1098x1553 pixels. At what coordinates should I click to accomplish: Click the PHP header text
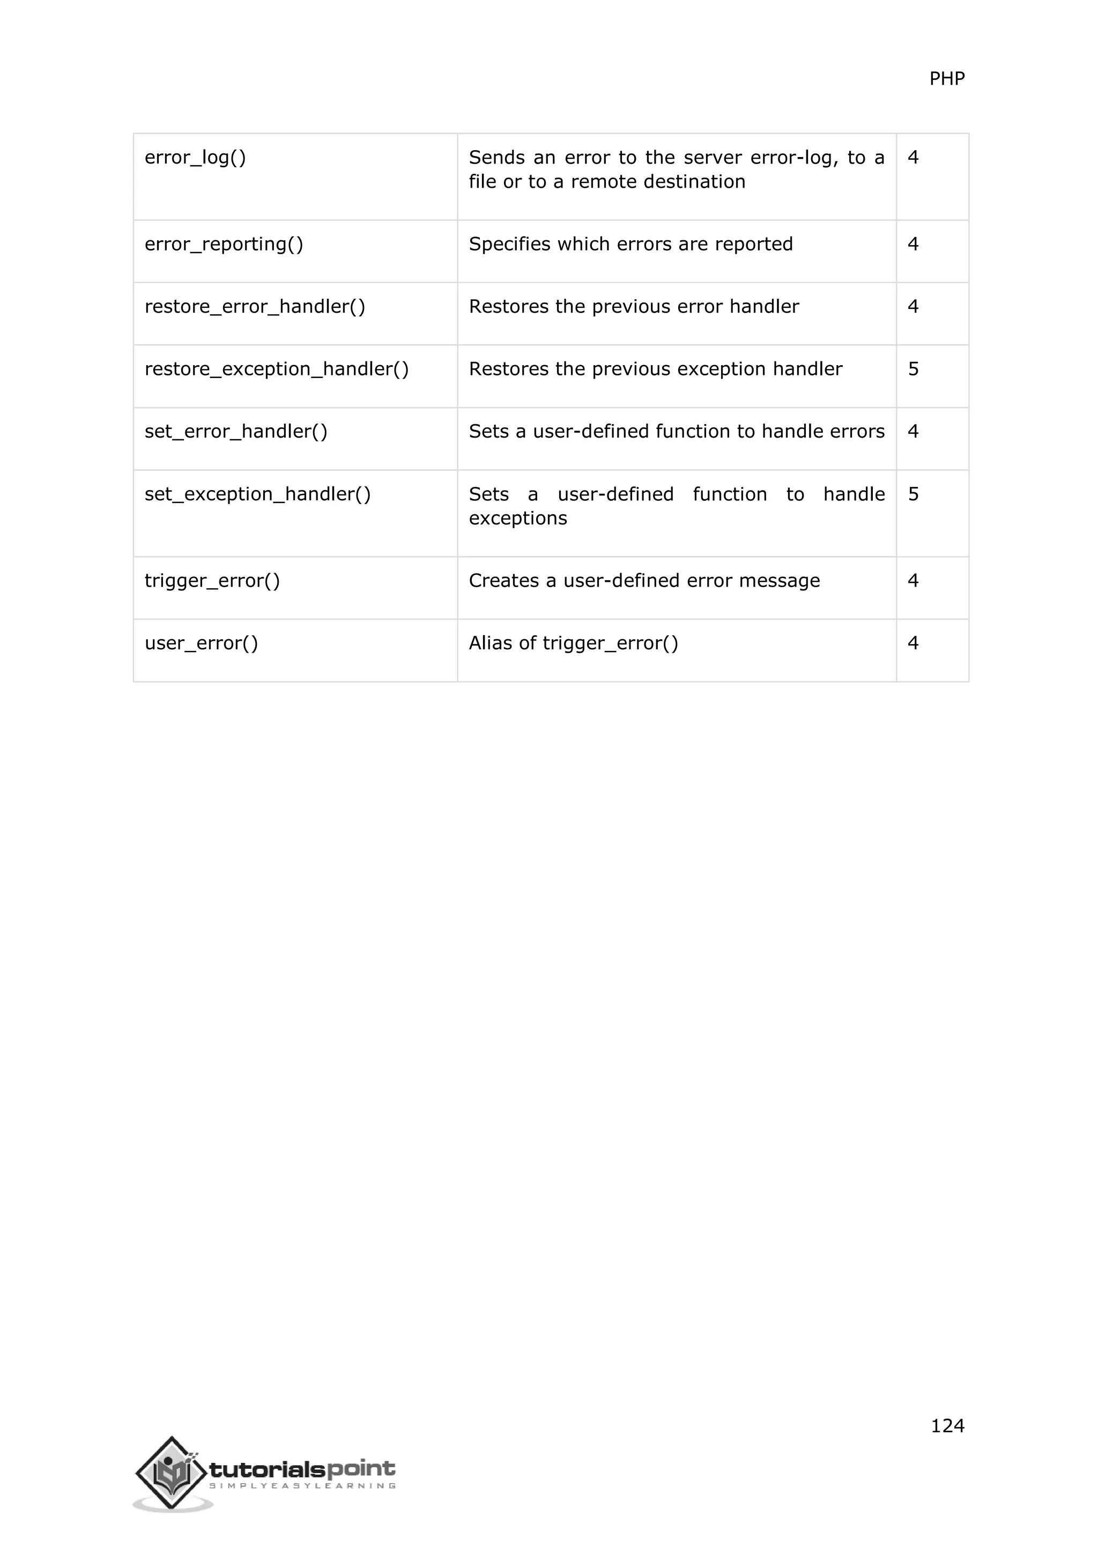click(x=947, y=79)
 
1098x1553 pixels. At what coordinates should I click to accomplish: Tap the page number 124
click(x=947, y=1426)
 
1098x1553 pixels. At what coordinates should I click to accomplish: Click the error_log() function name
click(x=195, y=158)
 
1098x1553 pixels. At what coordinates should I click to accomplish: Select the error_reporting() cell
click(x=224, y=244)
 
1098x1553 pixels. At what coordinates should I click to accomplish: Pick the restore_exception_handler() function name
click(x=277, y=369)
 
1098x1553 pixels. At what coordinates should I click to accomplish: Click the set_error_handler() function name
click(x=236, y=432)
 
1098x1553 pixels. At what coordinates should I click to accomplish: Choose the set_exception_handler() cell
click(x=257, y=494)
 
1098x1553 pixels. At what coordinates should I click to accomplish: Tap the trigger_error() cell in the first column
click(x=212, y=581)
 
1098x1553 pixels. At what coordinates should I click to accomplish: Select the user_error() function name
click(x=202, y=644)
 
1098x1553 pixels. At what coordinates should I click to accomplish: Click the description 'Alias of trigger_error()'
click(x=573, y=644)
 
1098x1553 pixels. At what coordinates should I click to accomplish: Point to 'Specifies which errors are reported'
click(x=630, y=244)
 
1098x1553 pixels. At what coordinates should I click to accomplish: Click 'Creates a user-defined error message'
click(x=644, y=581)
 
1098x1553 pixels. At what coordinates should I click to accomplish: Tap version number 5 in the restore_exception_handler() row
click(x=912, y=369)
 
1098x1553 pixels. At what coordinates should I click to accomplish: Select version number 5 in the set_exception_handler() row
click(x=912, y=494)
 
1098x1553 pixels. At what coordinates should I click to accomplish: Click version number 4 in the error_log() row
click(x=912, y=158)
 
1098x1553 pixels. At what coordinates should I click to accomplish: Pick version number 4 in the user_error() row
click(x=912, y=644)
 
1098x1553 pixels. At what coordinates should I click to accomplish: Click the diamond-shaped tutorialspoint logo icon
click(x=171, y=1473)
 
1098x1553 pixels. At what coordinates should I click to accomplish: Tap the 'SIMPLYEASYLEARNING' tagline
click(x=302, y=1486)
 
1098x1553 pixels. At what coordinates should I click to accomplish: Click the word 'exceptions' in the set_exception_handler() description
click(x=518, y=519)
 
